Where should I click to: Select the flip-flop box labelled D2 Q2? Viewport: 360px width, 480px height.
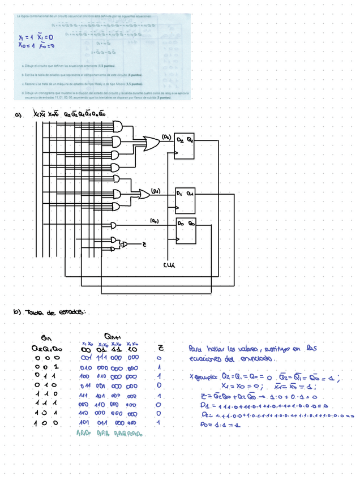pyautogui.click(x=185, y=149)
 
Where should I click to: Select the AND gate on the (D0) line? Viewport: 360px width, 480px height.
pyautogui.click(x=115, y=224)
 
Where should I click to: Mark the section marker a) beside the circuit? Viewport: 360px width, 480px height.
pyautogui.click(x=18, y=115)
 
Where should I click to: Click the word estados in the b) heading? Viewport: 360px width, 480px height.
pyautogui.click(x=72, y=312)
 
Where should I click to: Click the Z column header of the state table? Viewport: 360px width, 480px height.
pyautogui.click(x=159, y=349)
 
